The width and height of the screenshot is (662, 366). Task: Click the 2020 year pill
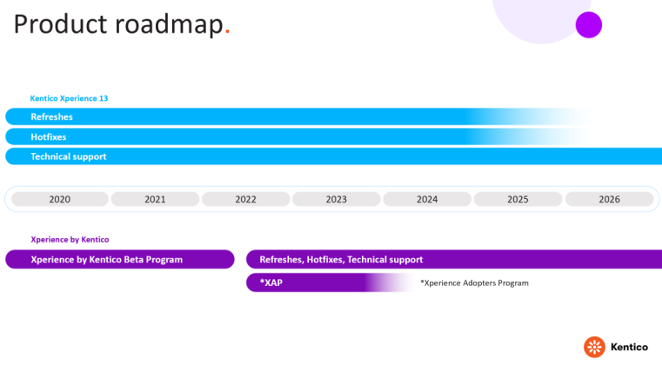pos(60,199)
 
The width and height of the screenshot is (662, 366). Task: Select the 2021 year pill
pos(155,199)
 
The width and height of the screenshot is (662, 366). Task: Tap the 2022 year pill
pos(245,199)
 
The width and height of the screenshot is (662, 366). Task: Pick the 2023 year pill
pos(336,199)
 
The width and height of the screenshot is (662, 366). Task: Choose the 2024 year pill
pos(427,199)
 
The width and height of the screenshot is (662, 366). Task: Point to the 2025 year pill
pos(518,199)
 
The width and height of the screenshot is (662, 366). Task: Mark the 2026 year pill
pos(609,199)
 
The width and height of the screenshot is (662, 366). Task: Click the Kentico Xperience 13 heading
pos(69,98)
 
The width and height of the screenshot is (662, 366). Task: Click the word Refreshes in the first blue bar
pos(51,117)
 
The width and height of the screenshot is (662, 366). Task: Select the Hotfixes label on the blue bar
pos(49,136)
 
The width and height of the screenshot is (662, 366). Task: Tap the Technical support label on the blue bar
pos(69,156)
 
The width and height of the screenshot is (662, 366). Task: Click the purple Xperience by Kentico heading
pos(70,239)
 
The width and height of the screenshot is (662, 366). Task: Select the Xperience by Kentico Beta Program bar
pos(120,259)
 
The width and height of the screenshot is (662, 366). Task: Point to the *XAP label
pos(271,283)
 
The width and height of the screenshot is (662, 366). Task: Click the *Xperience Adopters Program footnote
pos(474,283)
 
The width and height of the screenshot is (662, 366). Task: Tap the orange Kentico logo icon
pos(594,347)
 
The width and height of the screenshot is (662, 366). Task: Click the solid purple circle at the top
pos(589,25)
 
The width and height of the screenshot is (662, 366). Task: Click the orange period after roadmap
pos(227,31)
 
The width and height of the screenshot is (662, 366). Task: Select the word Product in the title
pos(60,24)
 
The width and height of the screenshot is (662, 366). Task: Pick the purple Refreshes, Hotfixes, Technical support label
pos(341,260)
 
